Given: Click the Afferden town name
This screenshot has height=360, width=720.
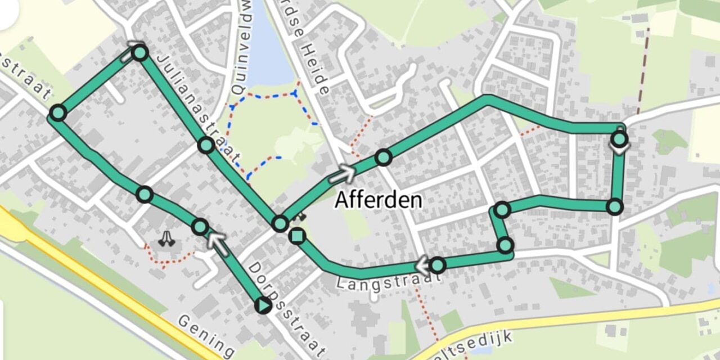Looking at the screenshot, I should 379,200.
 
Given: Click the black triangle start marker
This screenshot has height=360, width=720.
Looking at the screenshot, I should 263,305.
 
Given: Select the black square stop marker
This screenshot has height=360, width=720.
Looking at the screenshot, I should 297,236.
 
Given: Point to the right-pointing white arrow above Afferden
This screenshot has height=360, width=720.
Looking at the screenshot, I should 343,173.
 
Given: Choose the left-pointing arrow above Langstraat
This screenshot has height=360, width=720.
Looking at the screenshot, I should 423,264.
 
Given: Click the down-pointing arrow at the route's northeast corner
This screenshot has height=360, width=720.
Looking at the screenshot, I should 619,148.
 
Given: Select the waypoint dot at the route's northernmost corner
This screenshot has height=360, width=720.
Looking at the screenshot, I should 141,53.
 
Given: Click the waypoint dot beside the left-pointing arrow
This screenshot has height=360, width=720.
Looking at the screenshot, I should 438,264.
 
